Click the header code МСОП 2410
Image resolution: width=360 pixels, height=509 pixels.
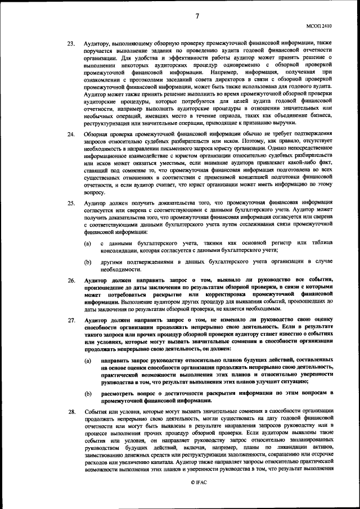pyautogui.click(x=321, y=25)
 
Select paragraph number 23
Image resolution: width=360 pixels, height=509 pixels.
pyautogui.click(x=71, y=43)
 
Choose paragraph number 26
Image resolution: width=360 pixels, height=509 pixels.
pyautogui.click(x=71, y=280)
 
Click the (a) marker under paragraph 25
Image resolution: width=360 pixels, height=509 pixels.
pyautogui.click(x=88, y=243)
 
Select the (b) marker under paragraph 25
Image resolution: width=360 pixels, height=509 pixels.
pyautogui.click(x=88, y=262)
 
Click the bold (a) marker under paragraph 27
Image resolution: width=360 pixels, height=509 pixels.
pyautogui.click(x=88, y=358)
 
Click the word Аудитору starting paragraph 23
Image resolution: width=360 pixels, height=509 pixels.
pyautogui.click(x=98, y=43)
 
